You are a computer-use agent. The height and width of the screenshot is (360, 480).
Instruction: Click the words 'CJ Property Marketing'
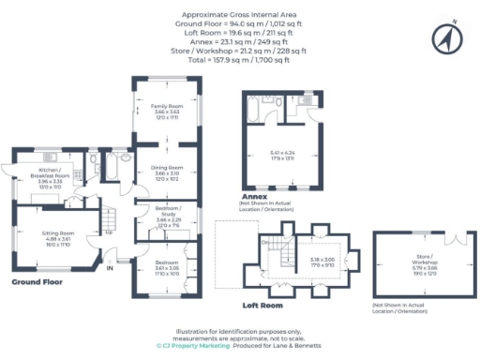(194, 345)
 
